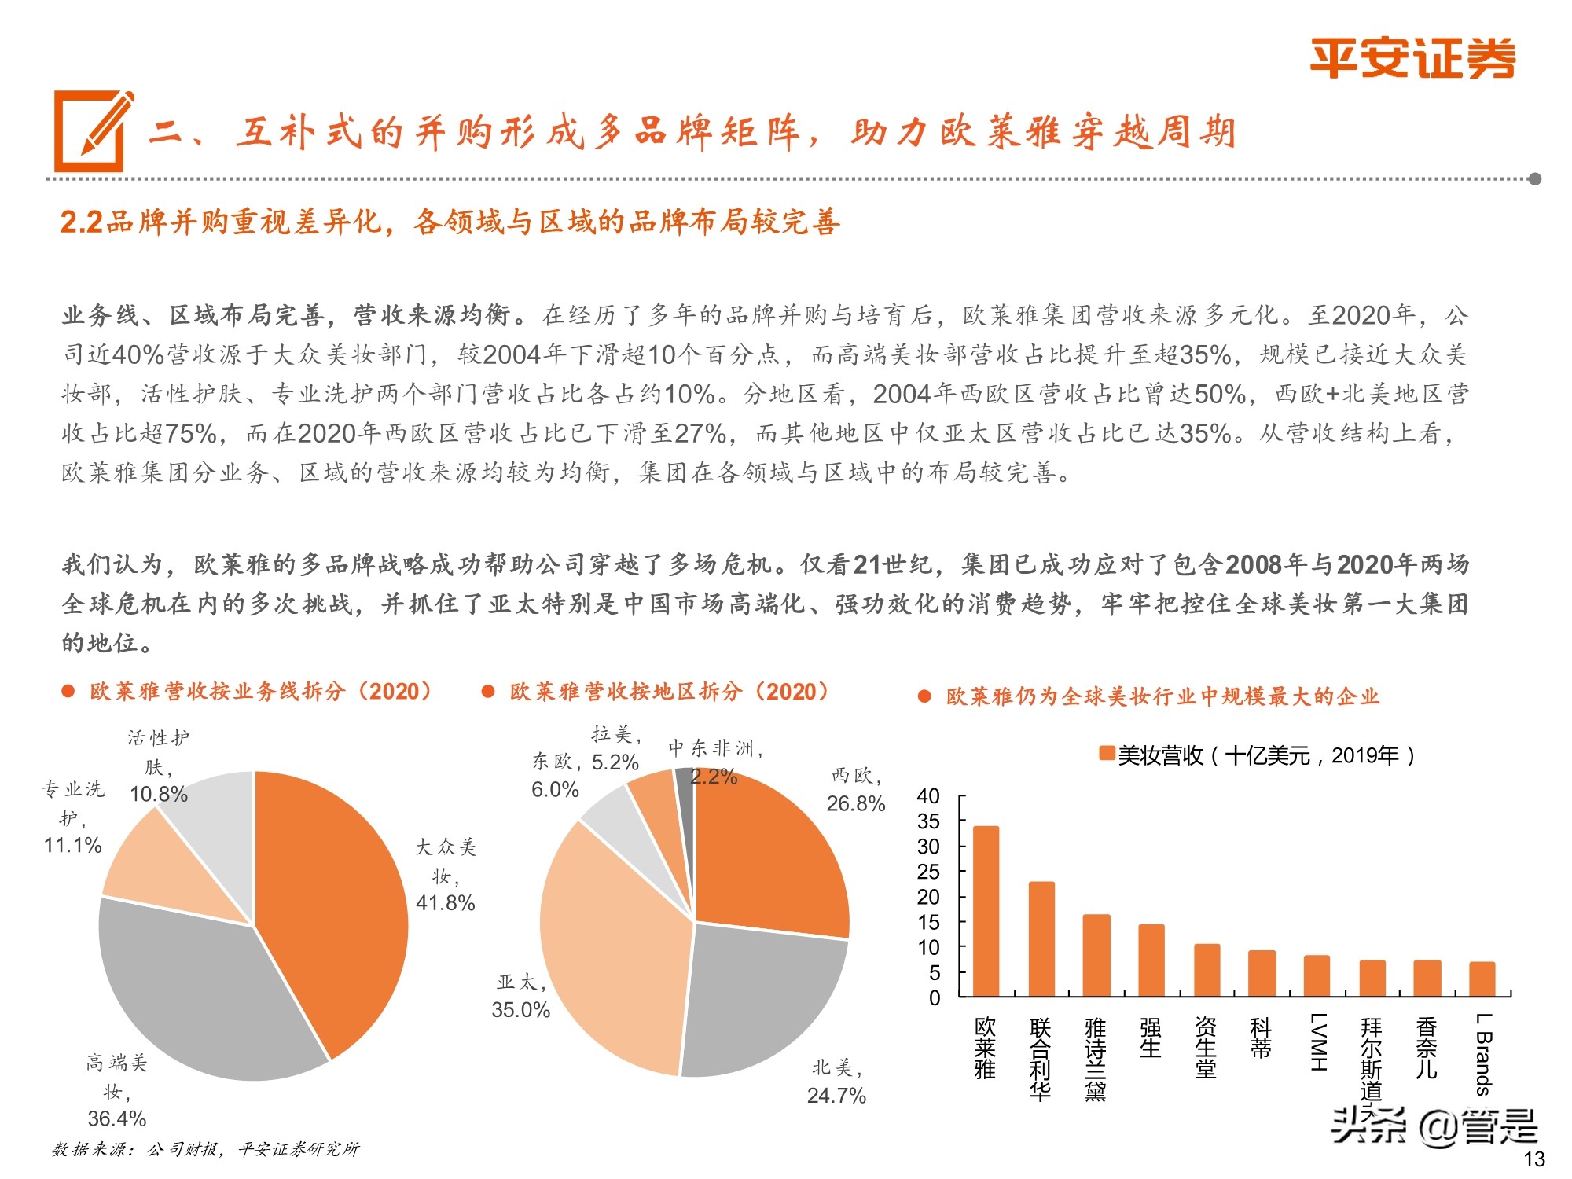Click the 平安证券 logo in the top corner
click(x=1412, y=59)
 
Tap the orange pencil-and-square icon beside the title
click(x=93, y=131)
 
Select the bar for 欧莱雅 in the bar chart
click(x=986, y=911)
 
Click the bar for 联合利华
click(x=1041, y=938)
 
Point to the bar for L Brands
click(x=1482, y=979)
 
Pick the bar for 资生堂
click(x=1207, y=970)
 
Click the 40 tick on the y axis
click(x=928, y=796)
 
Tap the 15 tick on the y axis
click(x=928, y=922)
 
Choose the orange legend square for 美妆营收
click(x=1107, y=754)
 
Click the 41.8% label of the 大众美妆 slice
click(x=445, y=902)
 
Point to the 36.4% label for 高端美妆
click(x=117, y=1118)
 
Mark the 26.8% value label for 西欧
click(x=855, y=803)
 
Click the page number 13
click(x=1533, y=1159)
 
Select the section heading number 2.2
click(x=82, y=223)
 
